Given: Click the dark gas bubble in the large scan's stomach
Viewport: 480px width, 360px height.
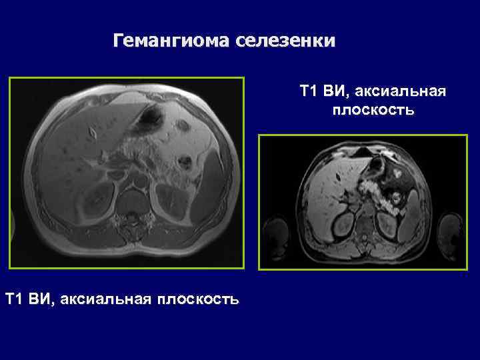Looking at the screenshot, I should pyautogui.click(x=148, y=119).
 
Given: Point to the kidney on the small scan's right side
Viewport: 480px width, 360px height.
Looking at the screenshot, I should pyautogui.click(x=388, y=223).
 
